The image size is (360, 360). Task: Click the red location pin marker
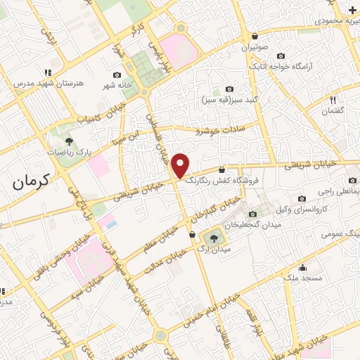click(x=181, y=165)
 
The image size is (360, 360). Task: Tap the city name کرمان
click(x=32, y=181)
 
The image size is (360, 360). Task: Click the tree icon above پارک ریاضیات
click(x=68, y=141)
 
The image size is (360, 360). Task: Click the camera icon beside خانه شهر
click(x=117, y=75)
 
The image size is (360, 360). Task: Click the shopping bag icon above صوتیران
click(x=255, y=37)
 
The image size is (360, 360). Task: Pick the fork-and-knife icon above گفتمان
click(x=333, y=101)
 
